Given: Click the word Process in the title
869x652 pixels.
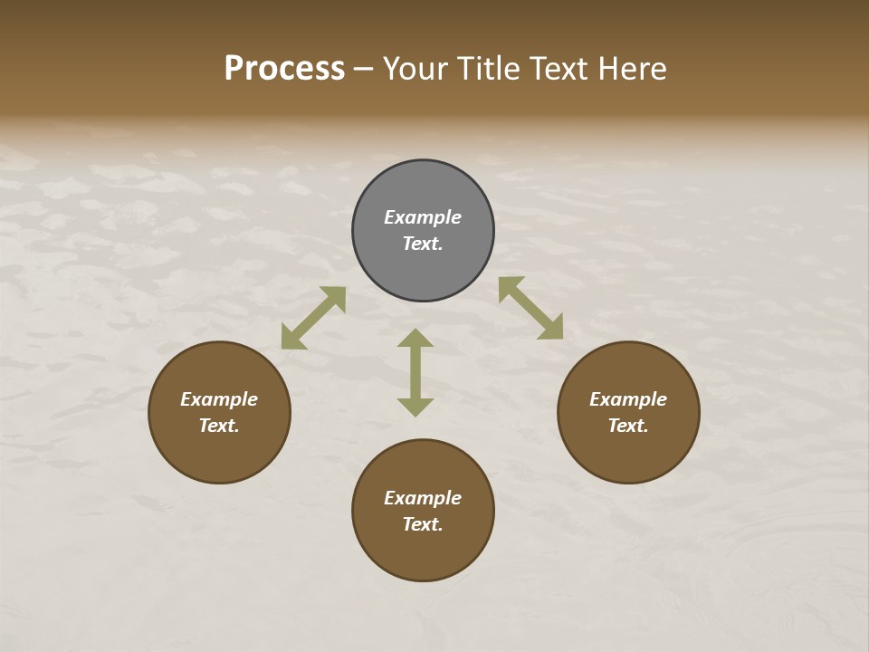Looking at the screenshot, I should pos(284,69).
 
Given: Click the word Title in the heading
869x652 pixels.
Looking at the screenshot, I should pos(492,69).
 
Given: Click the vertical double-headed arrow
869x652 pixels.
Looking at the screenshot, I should pos(415,372).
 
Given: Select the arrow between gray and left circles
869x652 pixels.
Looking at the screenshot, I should pos(313,318).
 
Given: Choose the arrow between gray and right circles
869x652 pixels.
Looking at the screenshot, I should pos(530,308).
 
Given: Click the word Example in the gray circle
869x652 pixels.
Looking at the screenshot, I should pos(423,217).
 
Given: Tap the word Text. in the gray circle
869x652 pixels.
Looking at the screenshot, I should pos(423,244).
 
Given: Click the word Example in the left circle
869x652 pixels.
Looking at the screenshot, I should pos(219,399).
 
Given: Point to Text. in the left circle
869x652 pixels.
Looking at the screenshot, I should pos(219,426).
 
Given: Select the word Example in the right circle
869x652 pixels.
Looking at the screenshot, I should pos(628,399).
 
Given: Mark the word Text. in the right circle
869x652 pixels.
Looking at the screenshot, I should pos(628,426).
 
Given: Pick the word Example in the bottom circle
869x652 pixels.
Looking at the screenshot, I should pos(423,498).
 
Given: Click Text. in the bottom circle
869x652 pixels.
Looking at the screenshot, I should pos(423,524).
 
